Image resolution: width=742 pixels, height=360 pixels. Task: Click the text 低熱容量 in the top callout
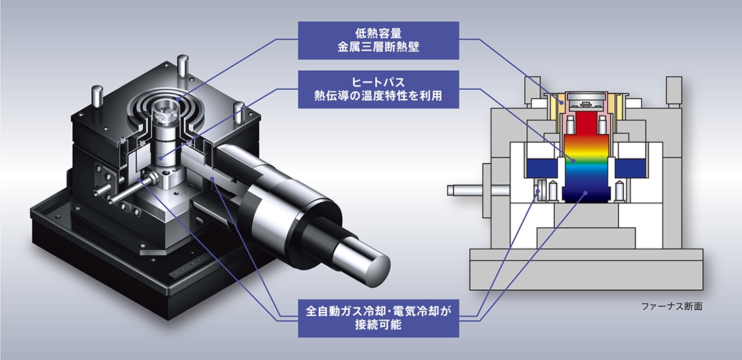point(379,33)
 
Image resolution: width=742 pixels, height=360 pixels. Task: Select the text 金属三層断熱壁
point(379,47)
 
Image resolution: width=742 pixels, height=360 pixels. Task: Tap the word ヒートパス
point(379,82)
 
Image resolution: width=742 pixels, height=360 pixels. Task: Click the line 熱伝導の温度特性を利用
point(379,96)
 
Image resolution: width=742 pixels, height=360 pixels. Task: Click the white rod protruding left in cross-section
point(467,188)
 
